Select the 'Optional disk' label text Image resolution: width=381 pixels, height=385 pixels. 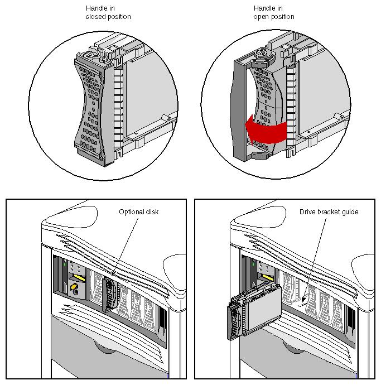pyautogui.click(x=139, y=212)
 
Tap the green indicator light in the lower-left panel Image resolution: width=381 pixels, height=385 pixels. pyautogui.click(x=65, y=263)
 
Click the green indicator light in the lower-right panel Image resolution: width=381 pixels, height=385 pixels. pyautogui.click(x=253, y=263)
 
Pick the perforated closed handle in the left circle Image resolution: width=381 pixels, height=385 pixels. pyautogui.click(x=89, y=106)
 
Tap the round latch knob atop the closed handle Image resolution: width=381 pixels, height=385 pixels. pyautogui.click(x=89, y=54)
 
